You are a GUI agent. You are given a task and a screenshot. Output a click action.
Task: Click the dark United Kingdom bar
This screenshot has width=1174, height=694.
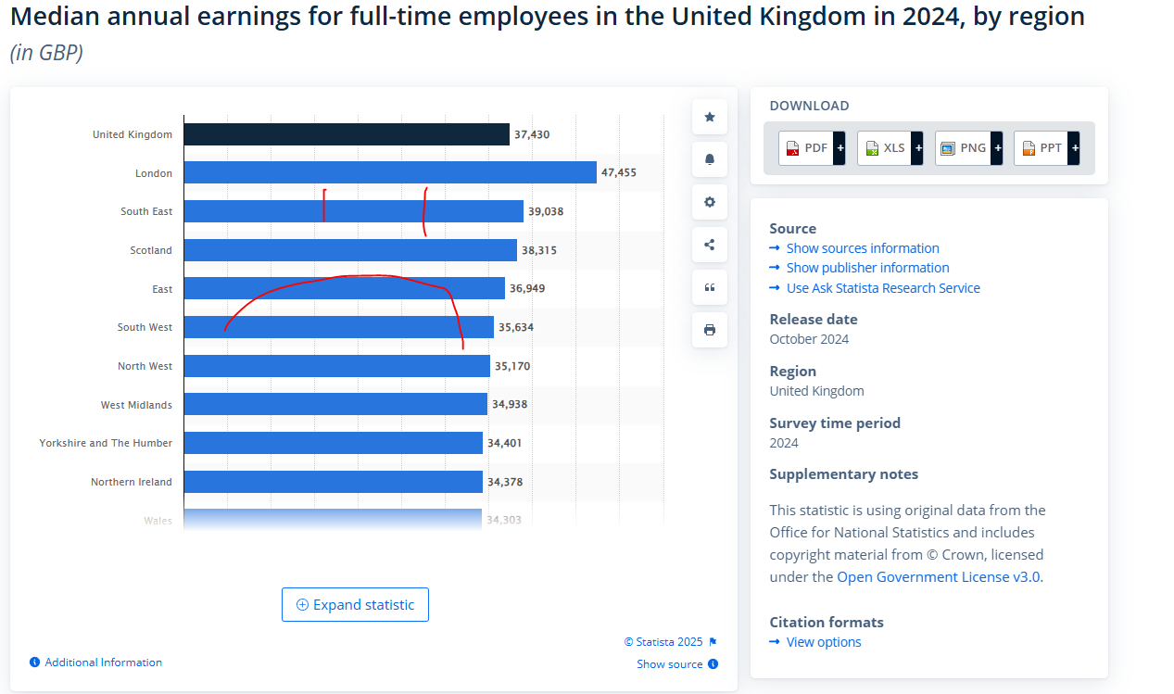tap(347, 134)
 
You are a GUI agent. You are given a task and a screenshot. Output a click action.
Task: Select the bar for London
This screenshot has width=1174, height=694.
tap(390, 172)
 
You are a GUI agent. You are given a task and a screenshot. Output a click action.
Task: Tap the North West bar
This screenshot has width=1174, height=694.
tap(336, 366)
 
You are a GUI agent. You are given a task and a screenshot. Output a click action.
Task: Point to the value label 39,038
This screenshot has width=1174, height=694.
tap(546, 211)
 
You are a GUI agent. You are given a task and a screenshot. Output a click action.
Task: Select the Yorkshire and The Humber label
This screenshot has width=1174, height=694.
tap(106, 443)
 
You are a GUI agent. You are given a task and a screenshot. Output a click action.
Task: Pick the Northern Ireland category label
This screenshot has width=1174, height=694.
tap(132, 482)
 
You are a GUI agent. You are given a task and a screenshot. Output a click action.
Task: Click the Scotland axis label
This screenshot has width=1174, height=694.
tap(151, 250)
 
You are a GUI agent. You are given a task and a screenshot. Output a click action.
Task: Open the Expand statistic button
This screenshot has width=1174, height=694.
tap(355, 605)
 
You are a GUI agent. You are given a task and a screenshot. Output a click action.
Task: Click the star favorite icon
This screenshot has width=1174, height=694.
tap(710, 117)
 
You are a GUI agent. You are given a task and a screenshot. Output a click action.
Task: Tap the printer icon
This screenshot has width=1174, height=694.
tap(710, 330)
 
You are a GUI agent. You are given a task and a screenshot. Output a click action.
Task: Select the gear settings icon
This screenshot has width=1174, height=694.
tap(710, 202)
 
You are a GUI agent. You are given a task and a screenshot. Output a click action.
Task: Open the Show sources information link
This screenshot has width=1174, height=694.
tap(862, 248)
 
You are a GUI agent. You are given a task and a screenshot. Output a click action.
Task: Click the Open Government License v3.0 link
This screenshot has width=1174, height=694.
tap(939, 577)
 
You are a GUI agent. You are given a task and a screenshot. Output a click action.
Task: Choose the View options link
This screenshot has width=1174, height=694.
tap(823, 642)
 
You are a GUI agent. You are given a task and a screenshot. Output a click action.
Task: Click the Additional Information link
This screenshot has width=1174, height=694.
tap(103, 662)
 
